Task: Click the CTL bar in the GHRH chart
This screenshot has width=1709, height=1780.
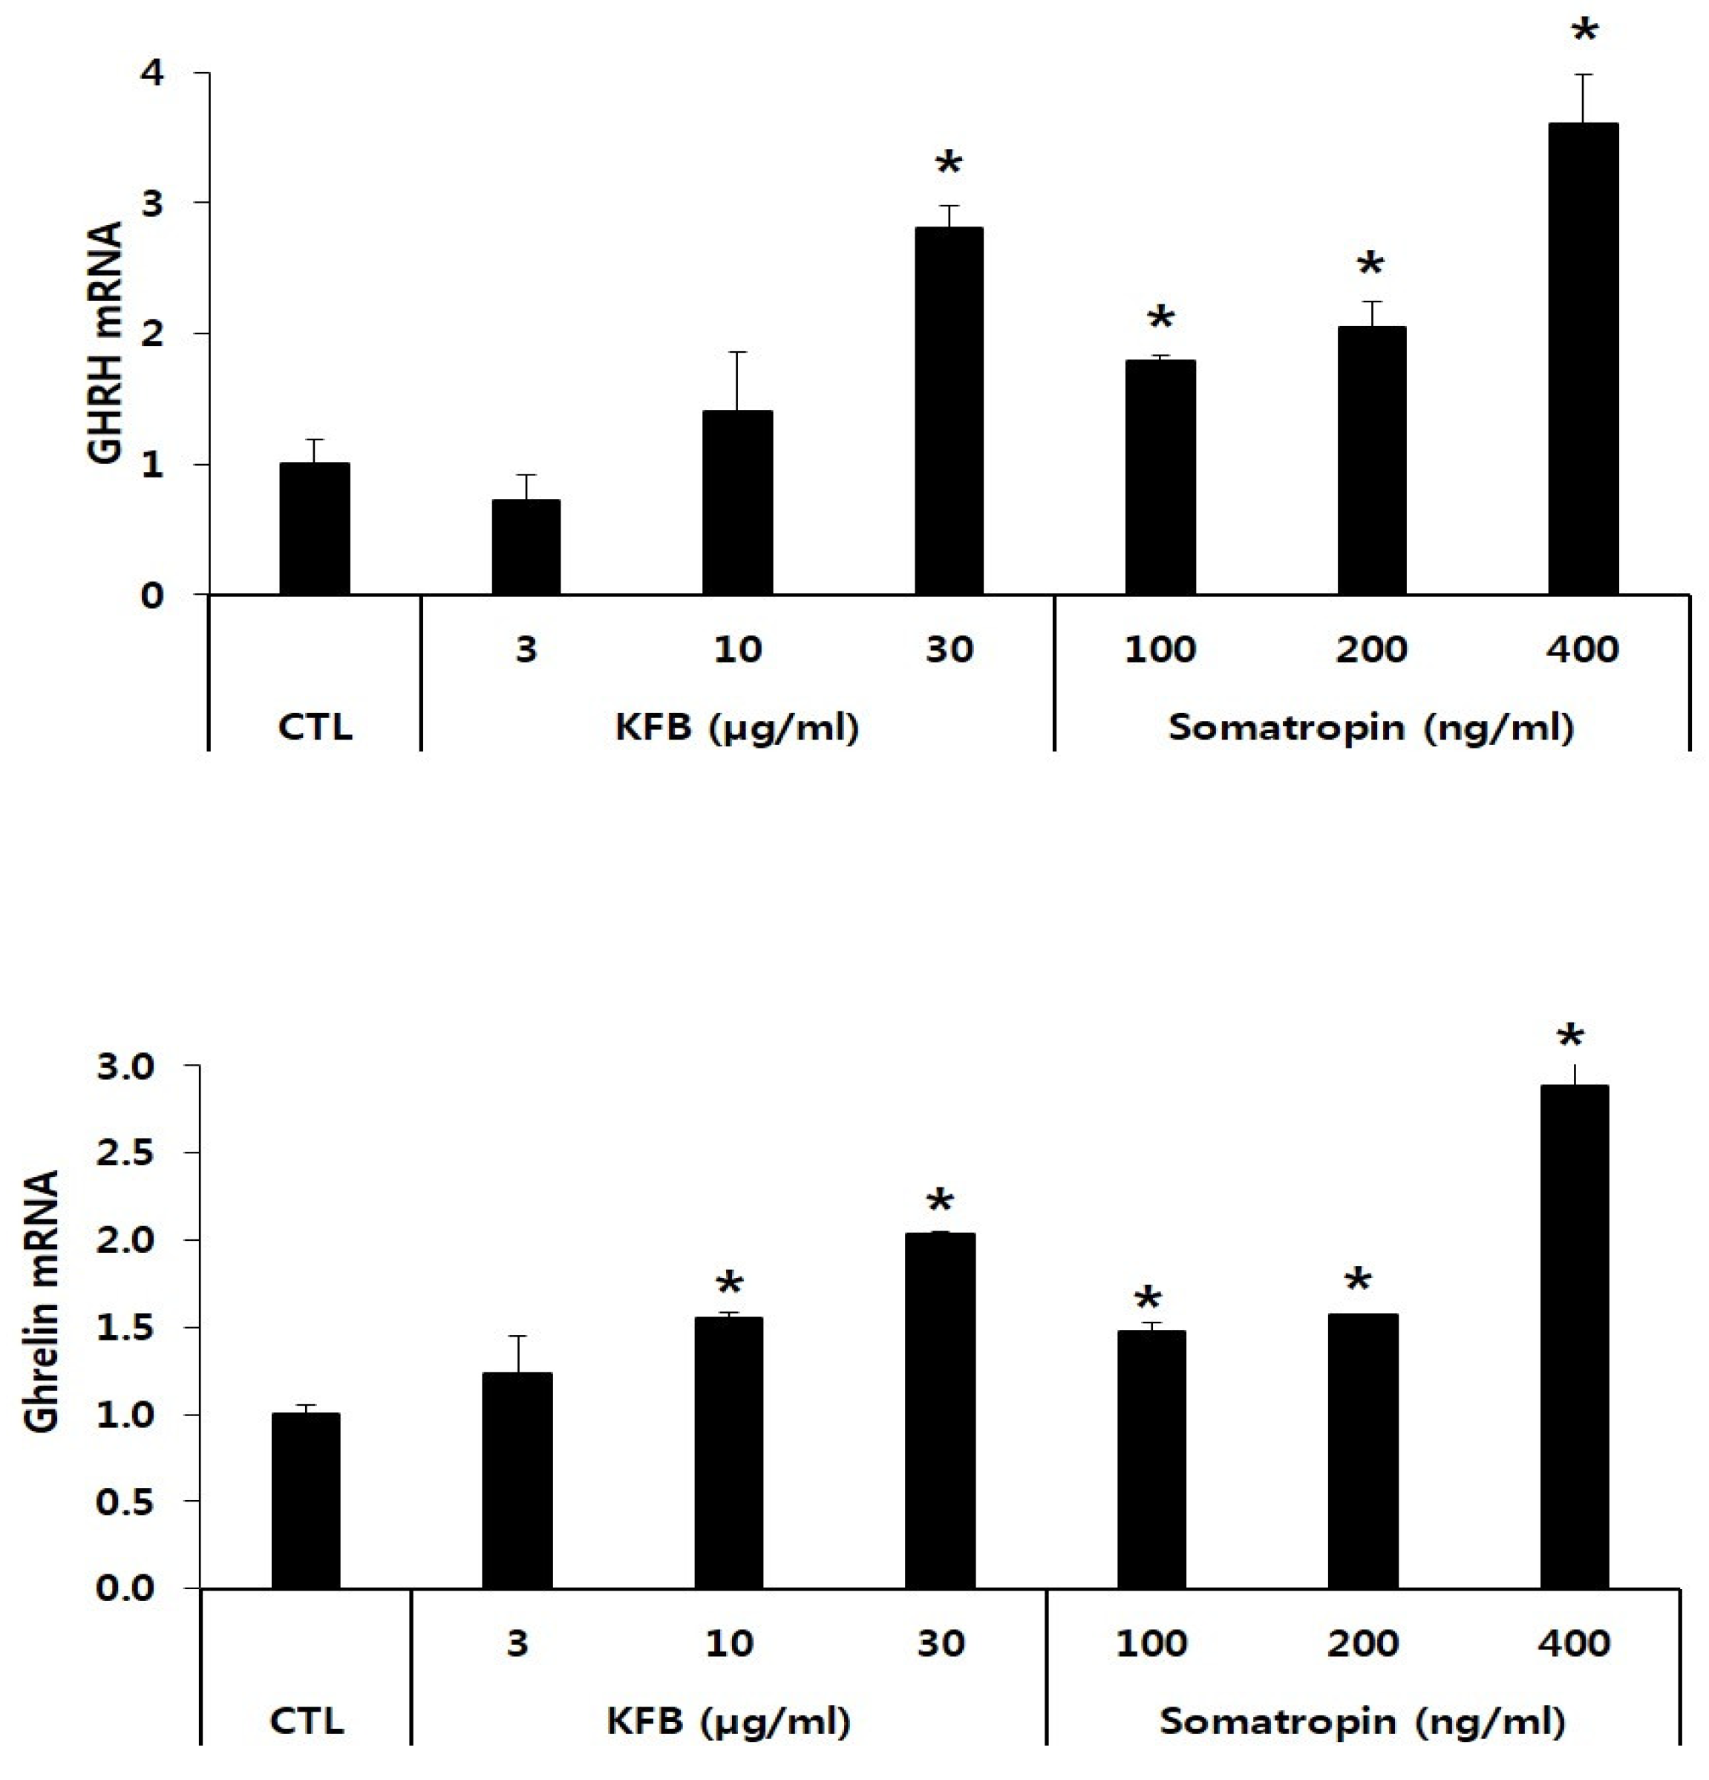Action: [314, 529]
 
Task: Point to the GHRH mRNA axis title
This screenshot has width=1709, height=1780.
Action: [105, 343]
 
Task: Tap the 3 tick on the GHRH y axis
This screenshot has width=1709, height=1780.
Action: [151, 203]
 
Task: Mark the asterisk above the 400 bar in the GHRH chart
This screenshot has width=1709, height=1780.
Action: [1584, 33]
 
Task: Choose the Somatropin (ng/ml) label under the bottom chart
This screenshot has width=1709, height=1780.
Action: [1362, 1721]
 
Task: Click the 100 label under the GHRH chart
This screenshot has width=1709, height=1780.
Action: [1160, 649]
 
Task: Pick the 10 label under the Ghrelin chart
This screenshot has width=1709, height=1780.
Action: [729, 1643]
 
